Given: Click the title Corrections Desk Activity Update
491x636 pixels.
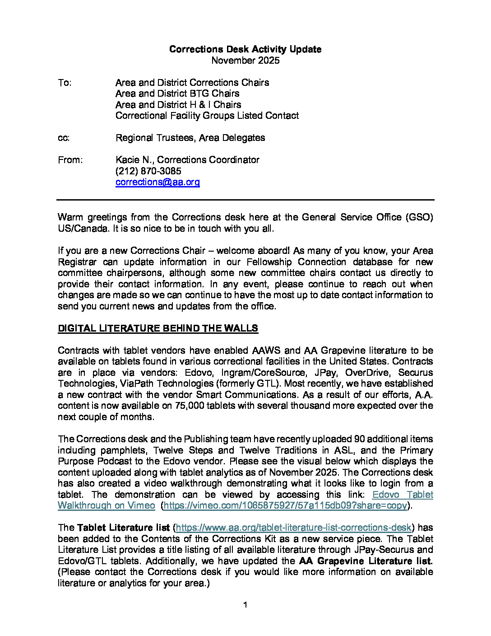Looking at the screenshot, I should [245, 49].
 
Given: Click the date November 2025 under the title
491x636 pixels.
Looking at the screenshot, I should [245, 61].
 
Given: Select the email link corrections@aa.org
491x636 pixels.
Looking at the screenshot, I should [157, 182].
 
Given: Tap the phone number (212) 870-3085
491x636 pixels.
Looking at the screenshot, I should [148, 171].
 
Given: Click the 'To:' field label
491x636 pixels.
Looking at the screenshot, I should [65, 83].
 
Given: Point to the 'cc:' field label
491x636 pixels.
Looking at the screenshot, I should [64, 138].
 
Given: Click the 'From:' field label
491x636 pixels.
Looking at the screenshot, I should [70, 160].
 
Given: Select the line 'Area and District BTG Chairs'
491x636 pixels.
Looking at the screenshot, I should [177, 94].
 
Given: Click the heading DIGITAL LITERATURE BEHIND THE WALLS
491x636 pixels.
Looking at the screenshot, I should [157, 328].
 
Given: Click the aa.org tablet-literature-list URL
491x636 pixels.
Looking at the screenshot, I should [293, 528].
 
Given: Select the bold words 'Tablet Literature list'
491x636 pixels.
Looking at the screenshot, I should [123, 528].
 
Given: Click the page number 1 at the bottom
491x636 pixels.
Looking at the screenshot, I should [245, 605].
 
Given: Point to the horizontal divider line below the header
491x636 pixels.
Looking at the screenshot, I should [245, 200].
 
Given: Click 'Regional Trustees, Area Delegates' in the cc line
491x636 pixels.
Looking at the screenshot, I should [190, 138].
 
